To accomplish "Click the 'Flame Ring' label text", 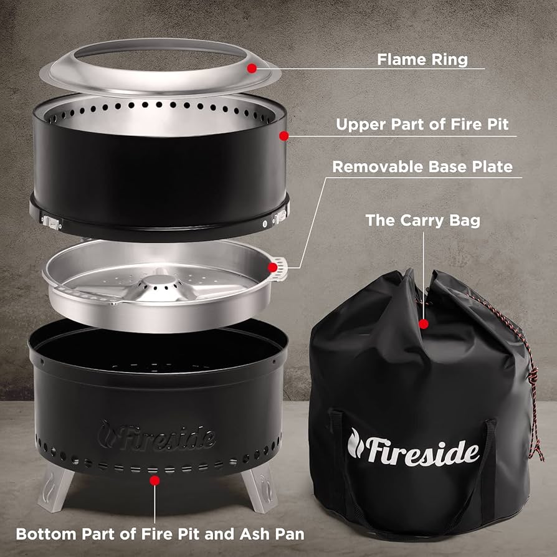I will (x=422, y=60).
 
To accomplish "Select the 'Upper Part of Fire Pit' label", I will (x=422, y=124).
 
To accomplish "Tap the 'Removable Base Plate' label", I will (x=422, y=167).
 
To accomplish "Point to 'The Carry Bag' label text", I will (x=422, y=220).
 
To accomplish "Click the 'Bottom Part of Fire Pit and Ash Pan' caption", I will (x=160, y=534).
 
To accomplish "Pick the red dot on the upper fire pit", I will (x=283, y=135).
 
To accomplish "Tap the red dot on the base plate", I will (x=272, y=267).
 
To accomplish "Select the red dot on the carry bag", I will (x=424, y=323).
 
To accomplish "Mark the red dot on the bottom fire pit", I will (x=155, y=480).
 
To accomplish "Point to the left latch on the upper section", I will (x=49, y=219).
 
